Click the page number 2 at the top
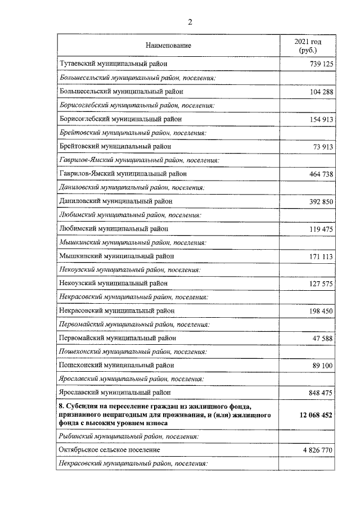[190, 22]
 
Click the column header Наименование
[168, 45]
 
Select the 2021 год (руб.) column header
[308, 46]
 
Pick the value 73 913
[323, 147]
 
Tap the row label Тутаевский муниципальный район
[112, 65]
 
